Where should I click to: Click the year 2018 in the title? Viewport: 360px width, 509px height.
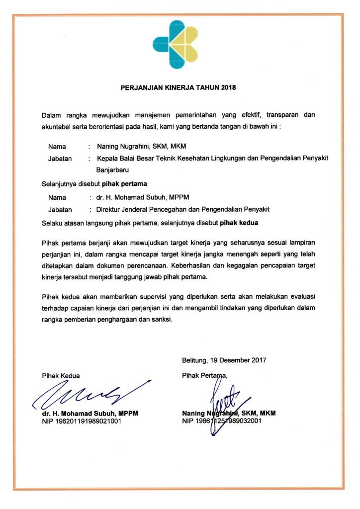tap(228, 88)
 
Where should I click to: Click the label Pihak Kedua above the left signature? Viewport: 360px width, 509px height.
tap(61, 376)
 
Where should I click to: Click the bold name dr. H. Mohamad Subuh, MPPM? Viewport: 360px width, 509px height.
tap(90, 414)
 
